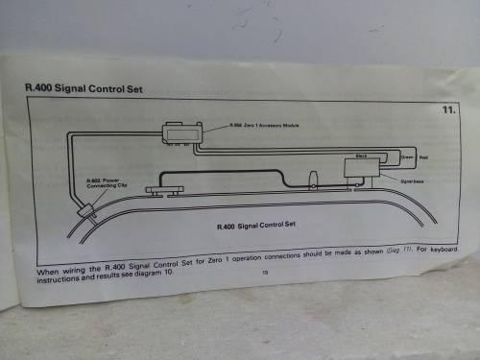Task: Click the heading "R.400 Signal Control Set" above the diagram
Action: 84,87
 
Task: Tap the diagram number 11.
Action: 448,110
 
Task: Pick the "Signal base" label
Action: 414,180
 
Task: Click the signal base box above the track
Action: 362,169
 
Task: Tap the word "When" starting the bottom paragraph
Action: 48,272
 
